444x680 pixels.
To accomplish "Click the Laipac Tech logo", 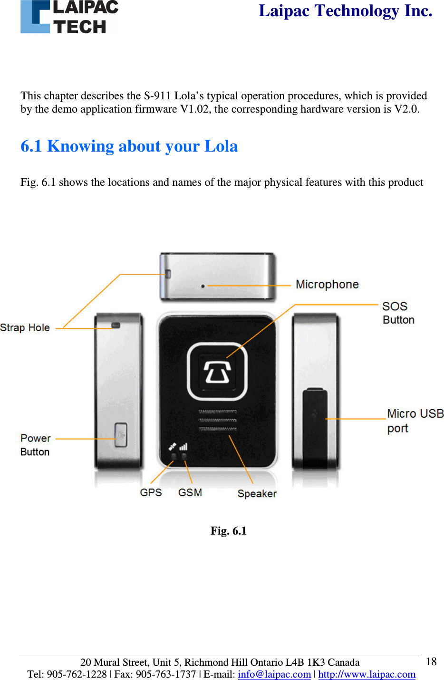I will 69,17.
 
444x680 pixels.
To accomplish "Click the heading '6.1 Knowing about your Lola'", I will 129,146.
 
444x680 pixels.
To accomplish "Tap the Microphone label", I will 327,284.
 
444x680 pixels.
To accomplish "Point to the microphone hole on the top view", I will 203,286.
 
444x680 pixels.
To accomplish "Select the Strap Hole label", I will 25,327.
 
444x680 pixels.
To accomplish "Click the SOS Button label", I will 398,313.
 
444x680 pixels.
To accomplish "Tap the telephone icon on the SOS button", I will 217,371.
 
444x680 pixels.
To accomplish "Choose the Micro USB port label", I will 415,421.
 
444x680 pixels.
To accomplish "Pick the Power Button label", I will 35,445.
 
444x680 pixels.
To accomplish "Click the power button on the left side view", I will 121,435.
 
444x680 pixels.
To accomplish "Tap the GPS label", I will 151,492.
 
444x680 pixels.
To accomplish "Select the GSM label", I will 190,492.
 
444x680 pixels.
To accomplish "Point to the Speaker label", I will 257,493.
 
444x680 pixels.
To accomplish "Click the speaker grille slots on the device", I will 217,420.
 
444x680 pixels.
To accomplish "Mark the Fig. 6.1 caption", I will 229,531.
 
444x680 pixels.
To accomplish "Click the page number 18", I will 431,661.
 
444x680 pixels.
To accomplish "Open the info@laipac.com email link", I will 274,674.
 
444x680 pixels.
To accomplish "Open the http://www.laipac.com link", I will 367,674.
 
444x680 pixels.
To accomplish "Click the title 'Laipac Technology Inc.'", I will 346,10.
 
